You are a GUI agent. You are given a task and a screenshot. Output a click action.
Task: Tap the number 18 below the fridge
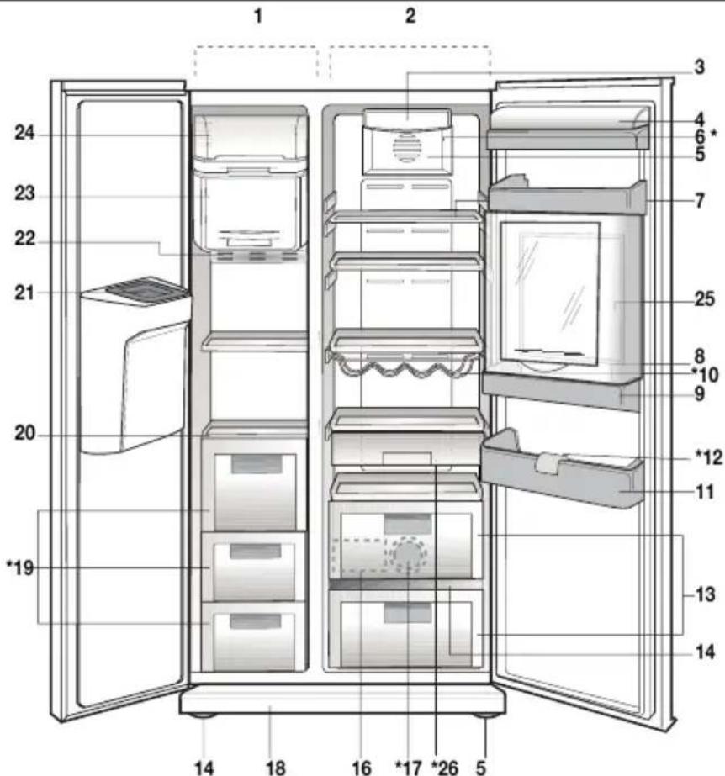[275, 766]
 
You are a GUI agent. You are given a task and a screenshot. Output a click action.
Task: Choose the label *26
[441, 766]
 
